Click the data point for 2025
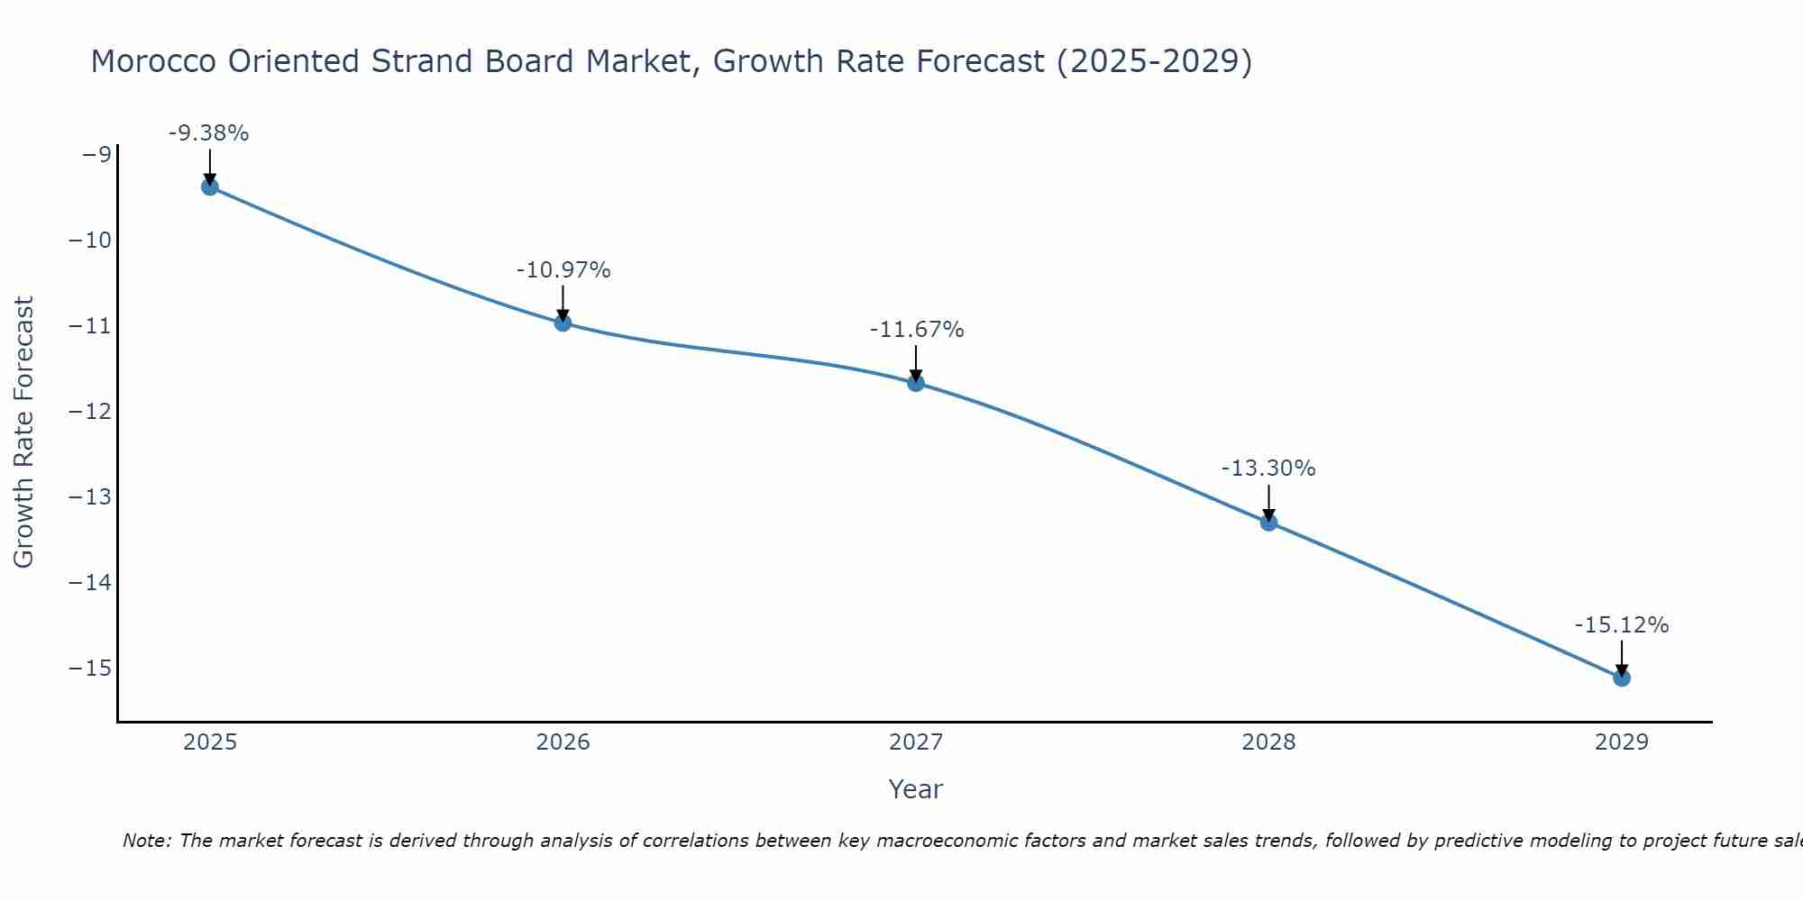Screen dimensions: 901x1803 tap(210, 187)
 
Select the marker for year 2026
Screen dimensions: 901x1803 tap(563, 323)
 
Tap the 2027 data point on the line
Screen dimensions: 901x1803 tap(916, 383)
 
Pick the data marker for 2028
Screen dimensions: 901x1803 tap(1268, 523)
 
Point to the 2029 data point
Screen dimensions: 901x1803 tap(1622, 678)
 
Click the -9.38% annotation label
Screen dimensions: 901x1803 tap(208, 133)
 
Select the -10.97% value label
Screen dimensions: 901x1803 tap(563, 270)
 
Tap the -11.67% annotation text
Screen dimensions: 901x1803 tap(917, 330)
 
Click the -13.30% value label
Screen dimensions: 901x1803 tap(1268, 469)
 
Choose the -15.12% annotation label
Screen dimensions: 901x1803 tap(1622, 625)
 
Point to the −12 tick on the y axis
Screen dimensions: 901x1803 tap(89, 412)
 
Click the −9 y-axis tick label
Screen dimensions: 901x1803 tap(96, 155)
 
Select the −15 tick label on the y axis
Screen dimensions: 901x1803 tap(89, 669)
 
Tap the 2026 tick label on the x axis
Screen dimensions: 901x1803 tap(563, 742)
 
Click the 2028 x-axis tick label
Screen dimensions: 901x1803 tap(1268, 742)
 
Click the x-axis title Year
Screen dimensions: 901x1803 tap(915, 789)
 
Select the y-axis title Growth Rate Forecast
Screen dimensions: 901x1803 tap(23, 432)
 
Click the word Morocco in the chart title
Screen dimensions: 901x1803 tap(153, 61)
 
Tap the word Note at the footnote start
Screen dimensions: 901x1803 tap(146, 841)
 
